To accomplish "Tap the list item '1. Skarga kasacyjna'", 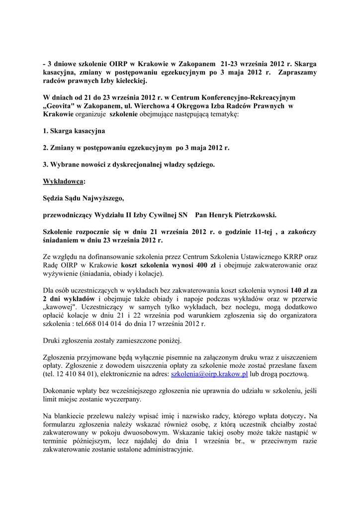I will [74, 131].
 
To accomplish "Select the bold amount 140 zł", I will [298, 290].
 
